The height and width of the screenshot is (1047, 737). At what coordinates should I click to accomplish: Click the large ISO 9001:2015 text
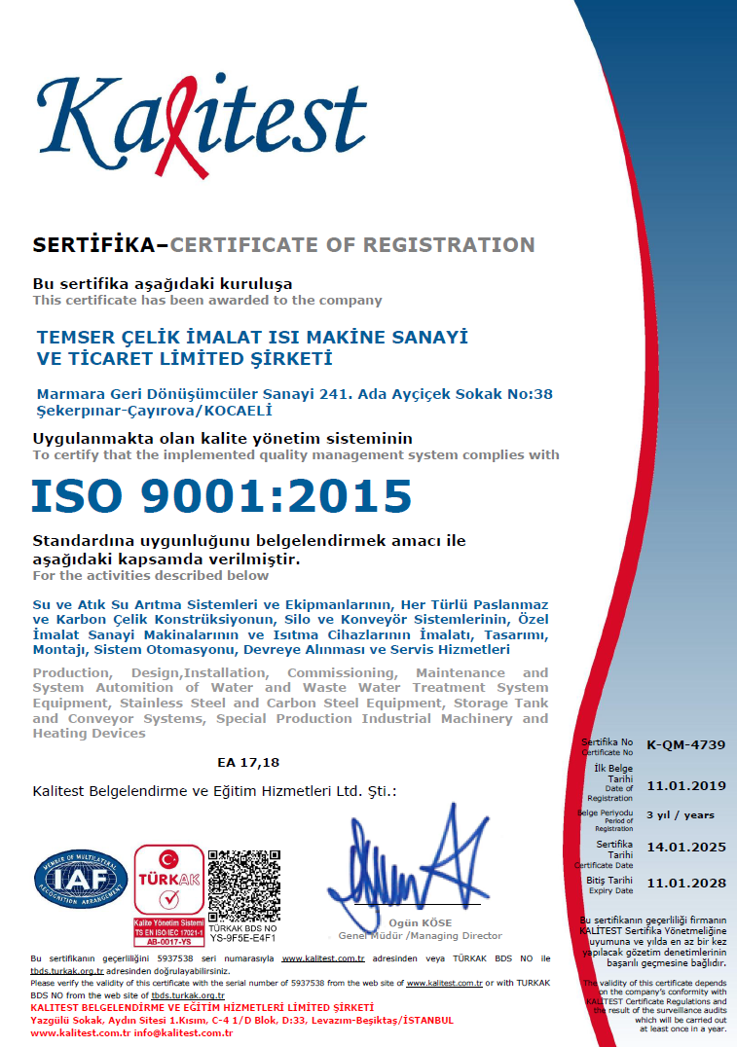pos(222,495)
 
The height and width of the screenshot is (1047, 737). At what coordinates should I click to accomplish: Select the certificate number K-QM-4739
pos(686,744)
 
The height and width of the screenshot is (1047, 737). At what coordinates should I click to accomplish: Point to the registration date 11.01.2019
pos(686,784)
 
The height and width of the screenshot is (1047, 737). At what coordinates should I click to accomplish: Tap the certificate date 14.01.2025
pos(686,848)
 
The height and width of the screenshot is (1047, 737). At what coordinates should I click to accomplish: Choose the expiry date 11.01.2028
pos(686,884)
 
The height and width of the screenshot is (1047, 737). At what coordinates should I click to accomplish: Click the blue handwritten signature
pos(409,856)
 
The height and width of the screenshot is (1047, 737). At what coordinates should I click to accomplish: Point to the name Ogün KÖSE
pos(421,922)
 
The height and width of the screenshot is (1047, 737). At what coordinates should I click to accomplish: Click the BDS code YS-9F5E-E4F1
pos(243,939)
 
